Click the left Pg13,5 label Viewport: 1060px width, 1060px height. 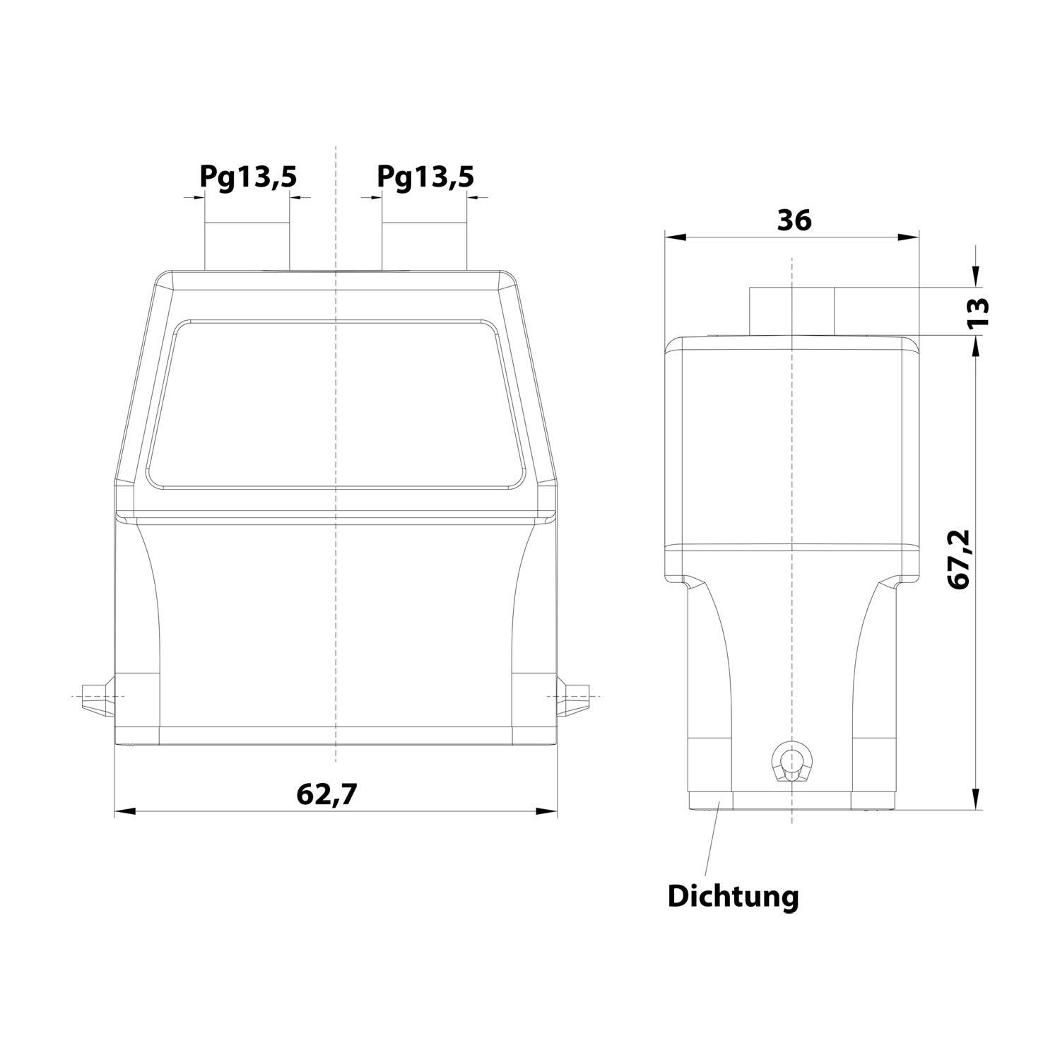pyautogui.click(x=247, y=177)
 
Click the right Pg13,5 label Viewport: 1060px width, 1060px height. pyautogui.click(x=425, y=177)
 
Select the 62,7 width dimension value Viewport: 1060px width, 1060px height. pyautogui.click(x=327, y=794)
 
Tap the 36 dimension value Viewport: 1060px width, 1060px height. pyautogui.click(x=794, y=221)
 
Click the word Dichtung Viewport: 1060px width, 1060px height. pyautogui.click(x=733, y=897)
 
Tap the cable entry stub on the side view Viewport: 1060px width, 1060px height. pyautogui.click(x=792, y=310)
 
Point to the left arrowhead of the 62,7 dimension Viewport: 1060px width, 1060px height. pyautogui.click(x=124, y=811)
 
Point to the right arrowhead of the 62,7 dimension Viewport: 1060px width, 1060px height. pyautogui.click(x=547, y=811)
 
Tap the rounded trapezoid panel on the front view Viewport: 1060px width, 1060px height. pyautogui.click(x=336, y=404)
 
